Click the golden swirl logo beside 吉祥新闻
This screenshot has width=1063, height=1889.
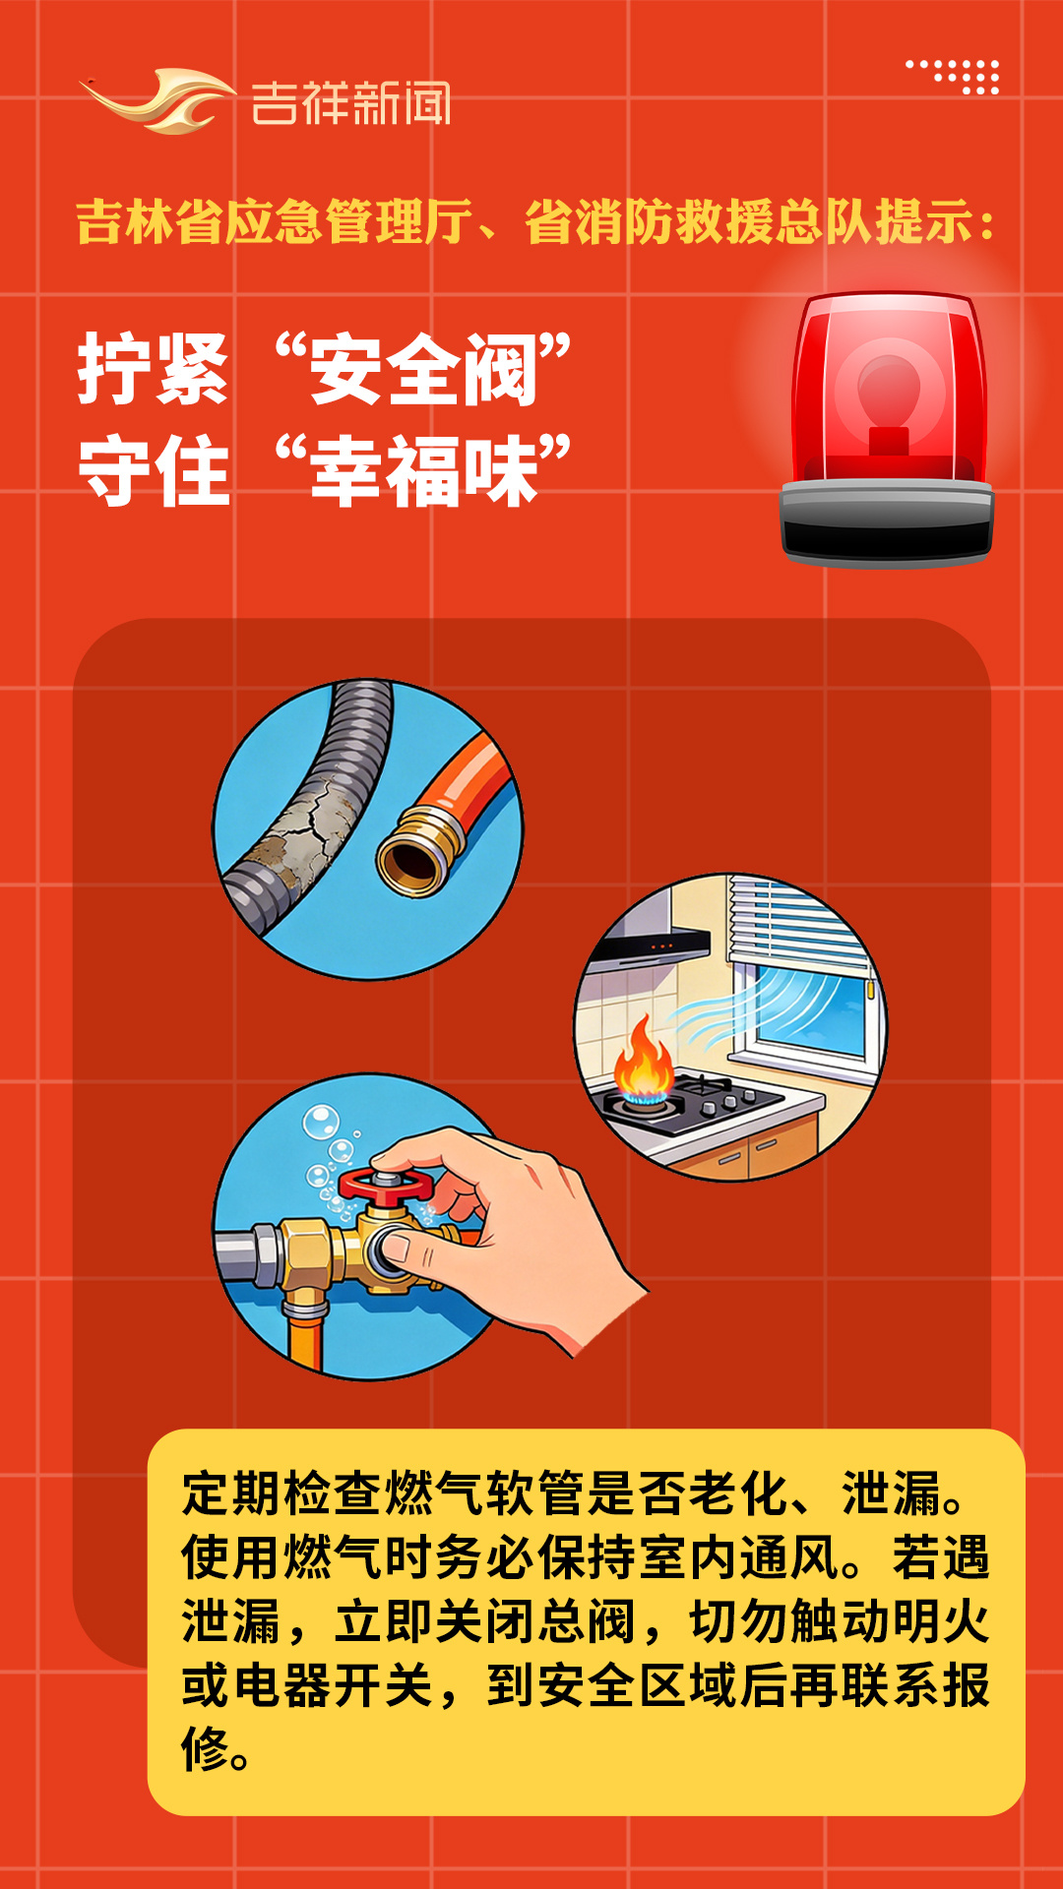[x=157, y=100]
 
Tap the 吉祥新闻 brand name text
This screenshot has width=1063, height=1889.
[x=350, y=103]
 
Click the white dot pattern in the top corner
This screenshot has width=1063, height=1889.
[x=953, y=77]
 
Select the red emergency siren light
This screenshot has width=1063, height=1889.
[x=887, y=429]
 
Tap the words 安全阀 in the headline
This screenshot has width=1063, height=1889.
[x=423, y=369]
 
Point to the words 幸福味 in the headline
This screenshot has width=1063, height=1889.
[x=424, y=471]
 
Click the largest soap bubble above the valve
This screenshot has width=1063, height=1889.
[x=321, y=1122]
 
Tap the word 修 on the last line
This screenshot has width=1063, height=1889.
[x=206, y=1748]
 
